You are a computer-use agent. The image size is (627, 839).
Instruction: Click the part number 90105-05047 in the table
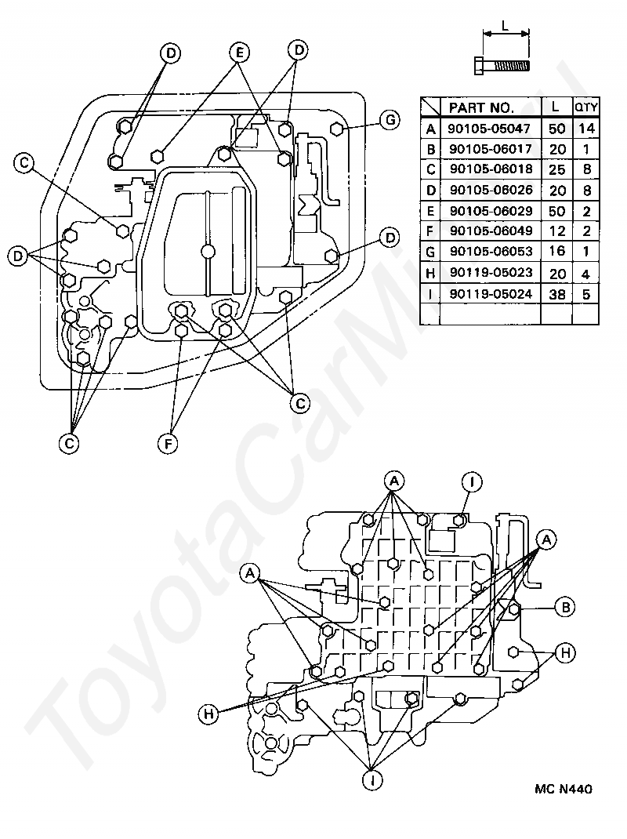point(490,129)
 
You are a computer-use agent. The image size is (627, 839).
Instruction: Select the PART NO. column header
point(481,107)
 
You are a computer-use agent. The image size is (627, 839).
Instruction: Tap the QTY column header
point(585,107)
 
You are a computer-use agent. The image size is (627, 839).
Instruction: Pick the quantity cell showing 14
point(586,129)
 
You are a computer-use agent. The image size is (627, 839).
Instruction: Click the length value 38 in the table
point(557,294)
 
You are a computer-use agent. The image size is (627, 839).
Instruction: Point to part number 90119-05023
point(491,273)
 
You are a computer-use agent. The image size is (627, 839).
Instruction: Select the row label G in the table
point(430,252)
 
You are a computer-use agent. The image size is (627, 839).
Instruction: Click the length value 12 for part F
point(557,231)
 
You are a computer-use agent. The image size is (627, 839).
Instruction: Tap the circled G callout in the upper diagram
point(390,120)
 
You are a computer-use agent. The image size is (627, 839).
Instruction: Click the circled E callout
point(239,53)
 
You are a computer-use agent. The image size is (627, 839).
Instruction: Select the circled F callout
point(168,444)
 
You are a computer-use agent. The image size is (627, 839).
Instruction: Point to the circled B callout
point(565,608)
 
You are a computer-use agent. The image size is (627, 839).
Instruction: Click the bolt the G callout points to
point(336,129)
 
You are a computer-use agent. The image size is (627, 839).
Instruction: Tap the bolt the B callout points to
point(513,608)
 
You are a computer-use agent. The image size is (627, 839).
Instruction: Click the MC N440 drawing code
point(563,789)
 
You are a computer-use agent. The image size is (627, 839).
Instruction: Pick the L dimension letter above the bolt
point(505,25)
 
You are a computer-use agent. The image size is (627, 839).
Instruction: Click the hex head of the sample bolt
point(480,65)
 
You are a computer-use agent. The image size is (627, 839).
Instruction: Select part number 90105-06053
point(491,252)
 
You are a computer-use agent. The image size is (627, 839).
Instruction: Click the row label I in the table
point(430,294)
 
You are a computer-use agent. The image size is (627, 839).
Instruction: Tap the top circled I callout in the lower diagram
point(471,483)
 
